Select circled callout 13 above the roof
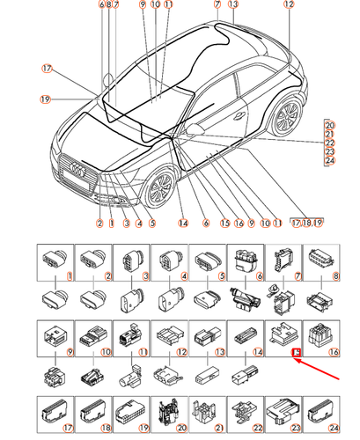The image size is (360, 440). tap(232, 4)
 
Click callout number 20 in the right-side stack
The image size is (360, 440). tap(330, 124)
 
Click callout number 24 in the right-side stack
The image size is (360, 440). tap(330, 160)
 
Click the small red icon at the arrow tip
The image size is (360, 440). tap(297, 353)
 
